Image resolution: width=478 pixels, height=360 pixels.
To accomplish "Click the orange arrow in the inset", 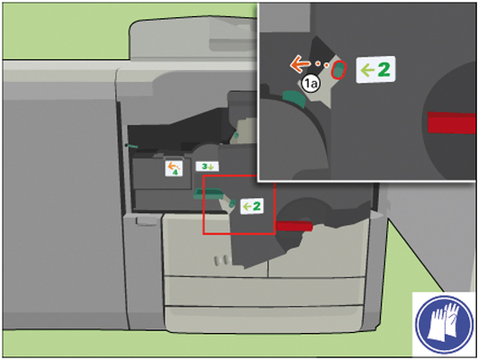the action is point(300,64).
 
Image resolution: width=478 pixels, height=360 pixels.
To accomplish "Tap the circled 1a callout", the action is point(310,84).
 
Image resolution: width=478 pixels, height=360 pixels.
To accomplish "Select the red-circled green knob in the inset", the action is point(338,70).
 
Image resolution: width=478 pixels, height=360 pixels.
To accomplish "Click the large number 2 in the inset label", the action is point(383,69).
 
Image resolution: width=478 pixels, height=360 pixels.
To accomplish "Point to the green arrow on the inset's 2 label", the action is point(367,71).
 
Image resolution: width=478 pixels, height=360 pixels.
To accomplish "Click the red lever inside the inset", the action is point(452,122).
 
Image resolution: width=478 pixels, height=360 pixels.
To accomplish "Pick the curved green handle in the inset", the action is point(293,98).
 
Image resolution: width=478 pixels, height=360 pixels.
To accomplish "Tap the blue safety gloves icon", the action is point(444,323).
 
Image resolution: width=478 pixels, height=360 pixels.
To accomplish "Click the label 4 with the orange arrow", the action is point(174,168).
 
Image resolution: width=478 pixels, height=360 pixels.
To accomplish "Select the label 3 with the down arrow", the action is point(207,166).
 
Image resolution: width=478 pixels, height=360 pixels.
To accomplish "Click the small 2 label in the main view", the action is point(252,206).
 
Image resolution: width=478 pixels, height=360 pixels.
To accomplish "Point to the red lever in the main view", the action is point(294,226).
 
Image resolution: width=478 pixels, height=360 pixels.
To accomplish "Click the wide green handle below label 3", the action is point(209,193).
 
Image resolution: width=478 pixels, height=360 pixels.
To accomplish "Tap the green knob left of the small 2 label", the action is point(232,203).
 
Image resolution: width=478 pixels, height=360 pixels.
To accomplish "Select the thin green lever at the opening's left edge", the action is point(131,146).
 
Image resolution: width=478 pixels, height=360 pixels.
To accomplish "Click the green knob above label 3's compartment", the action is point(236,135).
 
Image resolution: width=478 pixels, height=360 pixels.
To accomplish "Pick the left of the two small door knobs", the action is point(217,261).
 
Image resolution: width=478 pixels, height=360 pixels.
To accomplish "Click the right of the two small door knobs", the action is point(225,260).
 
